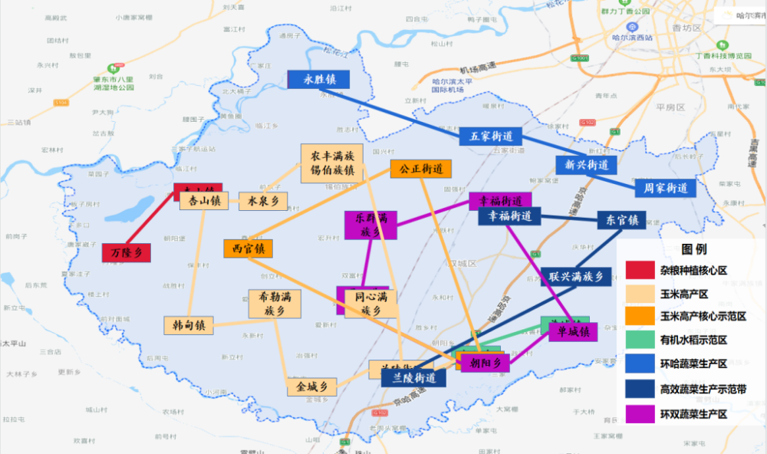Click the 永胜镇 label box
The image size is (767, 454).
pyautogui.click(x=318, y=80)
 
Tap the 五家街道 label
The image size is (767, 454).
pyautogui.click(x=491, y=137)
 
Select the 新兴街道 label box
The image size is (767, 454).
pyautogui.click(x=586, y=165)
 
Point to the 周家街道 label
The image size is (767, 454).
pyautogui.click(x=665, y=188)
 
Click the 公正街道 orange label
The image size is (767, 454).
pyautogui.click(x=420, y=169)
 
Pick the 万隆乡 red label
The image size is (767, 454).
pyautogui.click(x=127, y=252)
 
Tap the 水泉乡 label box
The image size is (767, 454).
pyautogui.click(x=263, y=201)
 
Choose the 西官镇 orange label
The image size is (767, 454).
pyautogui.click(x=248, y=248)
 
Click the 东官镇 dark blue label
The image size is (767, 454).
pyautogui.click(x=621, y=220)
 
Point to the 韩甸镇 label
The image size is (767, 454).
pyautogui.click(x=189, y=324)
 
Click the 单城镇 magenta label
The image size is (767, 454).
pyautogui.click(x=573, y=332)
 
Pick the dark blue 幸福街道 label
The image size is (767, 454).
pyautogui.click(x=509, y=217)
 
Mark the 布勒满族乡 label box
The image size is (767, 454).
pyautogui.click(x=274, y=304)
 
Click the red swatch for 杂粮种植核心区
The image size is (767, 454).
pyautogui.click(x=639, y=271)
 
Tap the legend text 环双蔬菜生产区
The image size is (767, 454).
pyautogui.click(x=693, y=413)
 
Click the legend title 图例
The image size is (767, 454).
pyautogui.click(x=693, y=249)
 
